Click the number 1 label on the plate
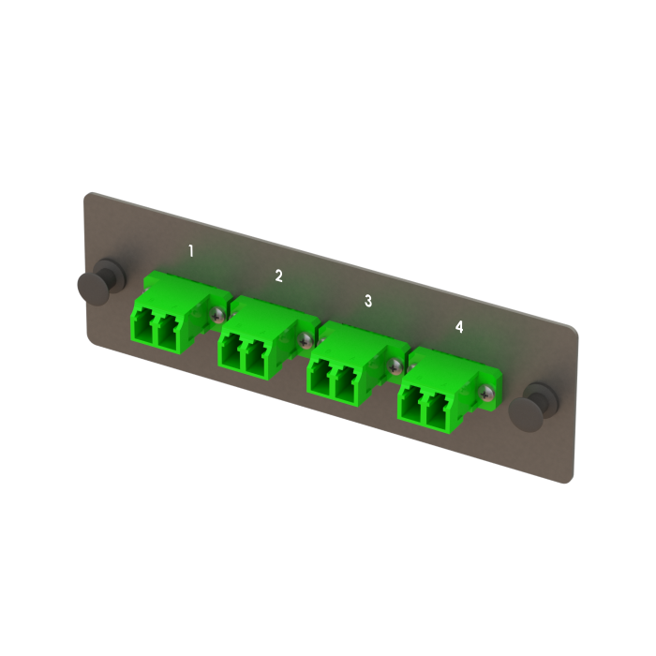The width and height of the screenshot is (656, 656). (x=191, y=250)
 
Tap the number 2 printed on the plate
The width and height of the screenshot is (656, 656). (x=278, y=276)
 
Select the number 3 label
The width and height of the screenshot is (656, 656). (x=368, y=301)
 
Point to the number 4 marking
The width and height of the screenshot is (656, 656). (x=459, y=326)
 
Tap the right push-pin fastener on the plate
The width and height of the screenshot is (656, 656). (x=543, y=400)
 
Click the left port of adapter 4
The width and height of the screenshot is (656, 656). (x=410, y=405)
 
